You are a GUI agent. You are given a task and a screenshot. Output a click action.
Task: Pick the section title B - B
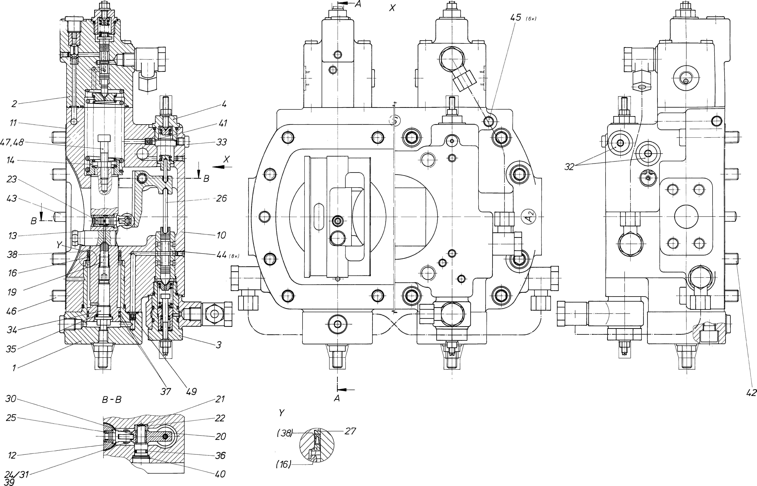coord(112,400)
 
